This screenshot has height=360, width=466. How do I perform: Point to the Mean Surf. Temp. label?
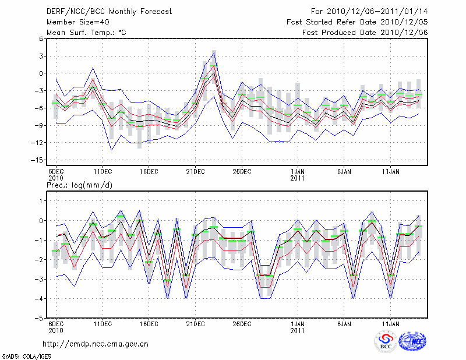[x=86, y=32]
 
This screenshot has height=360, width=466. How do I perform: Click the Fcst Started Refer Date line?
[x=357, y=22]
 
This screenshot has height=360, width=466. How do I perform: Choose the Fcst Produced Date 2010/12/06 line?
[x=365, y=32]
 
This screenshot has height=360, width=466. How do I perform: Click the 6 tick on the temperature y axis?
[x=41, y=38]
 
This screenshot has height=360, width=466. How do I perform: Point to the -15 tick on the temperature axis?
[x=38, y=160]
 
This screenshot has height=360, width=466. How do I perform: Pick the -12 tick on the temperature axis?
[x=38, y=143]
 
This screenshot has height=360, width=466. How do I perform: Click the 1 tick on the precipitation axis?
[x=41, y=200]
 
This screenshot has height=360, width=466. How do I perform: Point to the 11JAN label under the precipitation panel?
[x=391, y=323]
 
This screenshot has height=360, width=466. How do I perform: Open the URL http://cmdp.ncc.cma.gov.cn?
[x=96, y=344]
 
